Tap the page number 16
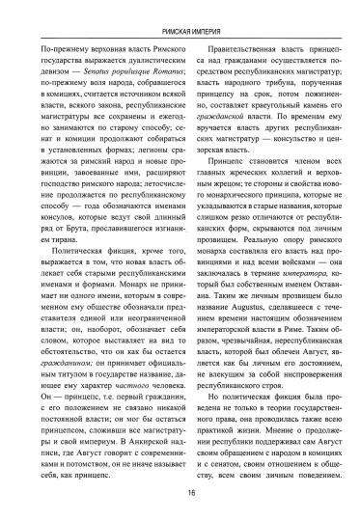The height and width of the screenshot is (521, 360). (x=180, y=491)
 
